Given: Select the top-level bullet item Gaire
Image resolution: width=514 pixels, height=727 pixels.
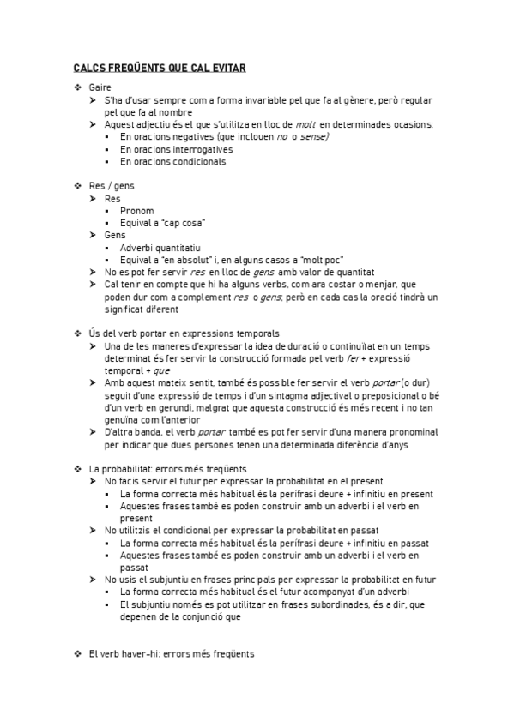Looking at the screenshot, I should (99, 87).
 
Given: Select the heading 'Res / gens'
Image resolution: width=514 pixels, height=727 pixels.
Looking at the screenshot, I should (112, 185).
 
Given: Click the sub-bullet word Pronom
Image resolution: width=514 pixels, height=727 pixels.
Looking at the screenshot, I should (137, 210).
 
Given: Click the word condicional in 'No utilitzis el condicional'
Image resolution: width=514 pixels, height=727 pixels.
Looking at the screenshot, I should (197, 531).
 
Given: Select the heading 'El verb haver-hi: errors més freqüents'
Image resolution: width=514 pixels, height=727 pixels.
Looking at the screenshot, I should (172, 654).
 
